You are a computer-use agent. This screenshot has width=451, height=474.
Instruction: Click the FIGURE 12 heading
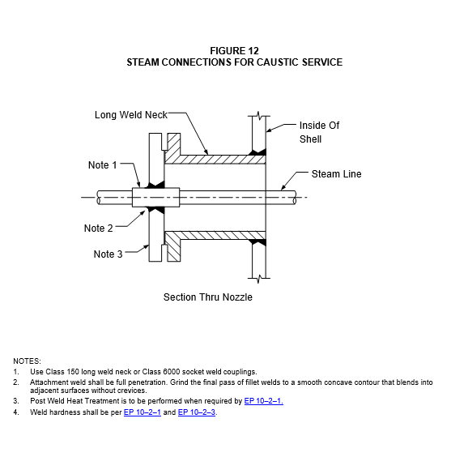[x=235, y=50]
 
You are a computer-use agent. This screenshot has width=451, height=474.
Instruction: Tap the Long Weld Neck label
[x=131, y=115]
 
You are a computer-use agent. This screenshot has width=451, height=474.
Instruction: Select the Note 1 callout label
[x=102, y=165]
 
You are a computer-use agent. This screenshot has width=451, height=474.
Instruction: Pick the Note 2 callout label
[x=99, y=228]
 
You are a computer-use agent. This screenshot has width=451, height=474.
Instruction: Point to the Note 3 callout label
[x=108, y=254]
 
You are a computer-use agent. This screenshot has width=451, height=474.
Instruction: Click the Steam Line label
[x=337, y=174]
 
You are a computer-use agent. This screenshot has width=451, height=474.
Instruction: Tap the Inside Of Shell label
[x=319, y=132]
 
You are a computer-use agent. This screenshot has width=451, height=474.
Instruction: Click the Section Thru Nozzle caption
[x=208, y=297]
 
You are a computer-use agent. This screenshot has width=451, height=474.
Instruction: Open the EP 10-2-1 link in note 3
[x=264, y=401]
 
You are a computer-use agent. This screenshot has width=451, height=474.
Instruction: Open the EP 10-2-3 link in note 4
[x=197, y=412]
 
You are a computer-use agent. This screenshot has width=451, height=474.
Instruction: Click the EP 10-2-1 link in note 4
[x=143, y=412]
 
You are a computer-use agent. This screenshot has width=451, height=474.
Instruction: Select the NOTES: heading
[x=28, y=361]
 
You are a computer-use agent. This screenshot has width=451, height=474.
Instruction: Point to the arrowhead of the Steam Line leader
[x=283, y=188]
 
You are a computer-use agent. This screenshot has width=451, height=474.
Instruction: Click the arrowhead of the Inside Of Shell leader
[x=269, y=130]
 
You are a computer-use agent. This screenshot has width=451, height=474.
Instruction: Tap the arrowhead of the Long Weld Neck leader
[x=206, y=152]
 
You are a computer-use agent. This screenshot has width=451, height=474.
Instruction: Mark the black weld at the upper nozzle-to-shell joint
[x=257, y=152]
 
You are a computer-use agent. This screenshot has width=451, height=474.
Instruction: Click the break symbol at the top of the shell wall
[x=259, y=116]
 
